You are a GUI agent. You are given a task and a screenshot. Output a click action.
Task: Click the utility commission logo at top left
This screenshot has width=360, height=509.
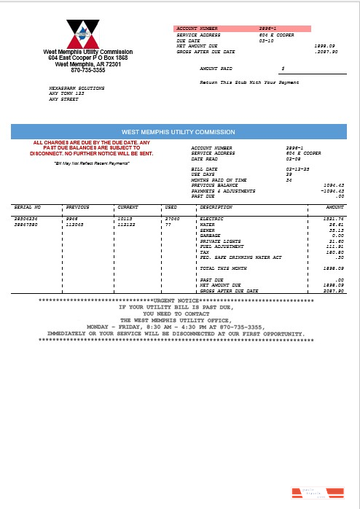pos(87,34)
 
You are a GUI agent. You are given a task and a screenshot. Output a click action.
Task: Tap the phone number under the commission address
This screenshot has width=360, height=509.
pos(87,70)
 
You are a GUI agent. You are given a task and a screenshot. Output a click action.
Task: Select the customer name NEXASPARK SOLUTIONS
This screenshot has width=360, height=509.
pos(77,88)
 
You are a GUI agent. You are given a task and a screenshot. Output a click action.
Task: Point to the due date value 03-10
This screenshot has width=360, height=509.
pos(267,41)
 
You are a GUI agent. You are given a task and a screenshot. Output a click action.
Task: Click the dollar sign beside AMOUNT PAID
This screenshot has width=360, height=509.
pos(283,68)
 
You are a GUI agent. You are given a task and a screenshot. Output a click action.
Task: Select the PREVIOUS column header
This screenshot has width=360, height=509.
pos(77,207)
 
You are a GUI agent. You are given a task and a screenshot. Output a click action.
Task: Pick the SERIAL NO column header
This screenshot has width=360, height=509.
pos(28,207)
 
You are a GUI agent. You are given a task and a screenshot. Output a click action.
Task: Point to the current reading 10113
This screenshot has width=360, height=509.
pos(126,219)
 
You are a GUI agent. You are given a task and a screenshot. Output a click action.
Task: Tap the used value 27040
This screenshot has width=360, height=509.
pos(172,219)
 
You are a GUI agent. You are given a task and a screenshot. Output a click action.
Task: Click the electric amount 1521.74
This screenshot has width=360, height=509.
pos(333,219)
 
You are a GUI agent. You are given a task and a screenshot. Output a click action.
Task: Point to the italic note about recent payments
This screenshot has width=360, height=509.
pos(93,163)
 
